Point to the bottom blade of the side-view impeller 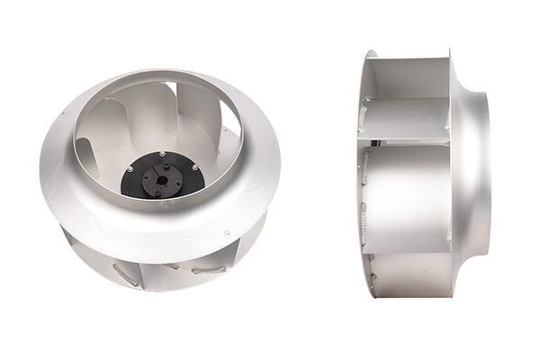point(409,274)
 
